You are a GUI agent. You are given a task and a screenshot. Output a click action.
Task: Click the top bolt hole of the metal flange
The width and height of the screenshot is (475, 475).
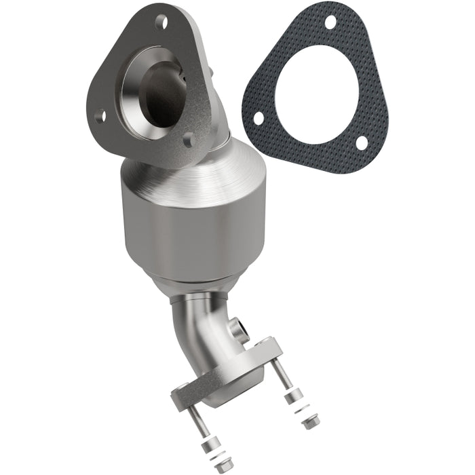pyautogui.click(x=161, y=22)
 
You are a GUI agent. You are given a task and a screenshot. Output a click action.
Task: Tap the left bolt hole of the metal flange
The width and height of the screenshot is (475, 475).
pyautogui.click(x=101, y=115)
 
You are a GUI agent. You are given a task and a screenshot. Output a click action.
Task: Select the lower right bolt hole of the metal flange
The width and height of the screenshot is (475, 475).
pyautogui.click(x=189, y=139)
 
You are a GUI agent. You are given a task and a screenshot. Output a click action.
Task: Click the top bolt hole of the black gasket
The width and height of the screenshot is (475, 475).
pyautogui.click(x=330, y=22)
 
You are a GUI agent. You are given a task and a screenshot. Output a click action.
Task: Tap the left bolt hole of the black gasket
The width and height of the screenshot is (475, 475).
pyautogui.click(x=258, y=118)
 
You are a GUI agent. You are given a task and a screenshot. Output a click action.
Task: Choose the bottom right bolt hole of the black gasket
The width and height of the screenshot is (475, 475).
pyautogui.click(x=362, y=143)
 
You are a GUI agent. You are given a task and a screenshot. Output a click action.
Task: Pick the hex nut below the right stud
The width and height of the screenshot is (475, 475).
pyautogui.click(x=309, y=422)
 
